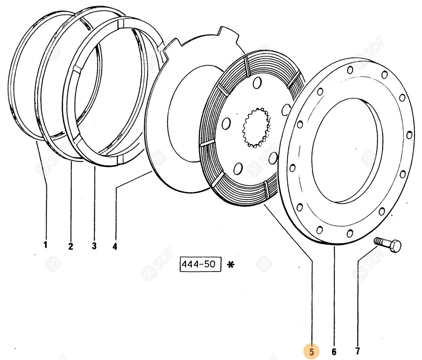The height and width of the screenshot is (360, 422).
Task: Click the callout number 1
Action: coord(45,244)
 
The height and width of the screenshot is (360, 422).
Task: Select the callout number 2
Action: coord(71,246)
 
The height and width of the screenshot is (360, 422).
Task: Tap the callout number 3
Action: coord(94,246)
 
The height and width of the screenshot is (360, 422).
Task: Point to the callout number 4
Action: coord(115,246)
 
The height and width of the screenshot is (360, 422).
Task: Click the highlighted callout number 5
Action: coord(312,351)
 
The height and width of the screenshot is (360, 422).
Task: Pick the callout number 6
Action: coord(334,351)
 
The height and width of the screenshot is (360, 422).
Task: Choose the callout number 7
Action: coord(357,351)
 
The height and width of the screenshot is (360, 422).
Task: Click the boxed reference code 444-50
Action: coord(200,264)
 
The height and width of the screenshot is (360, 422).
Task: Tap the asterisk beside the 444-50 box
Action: coord(231,265)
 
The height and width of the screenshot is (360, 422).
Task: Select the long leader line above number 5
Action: coord(312,299)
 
